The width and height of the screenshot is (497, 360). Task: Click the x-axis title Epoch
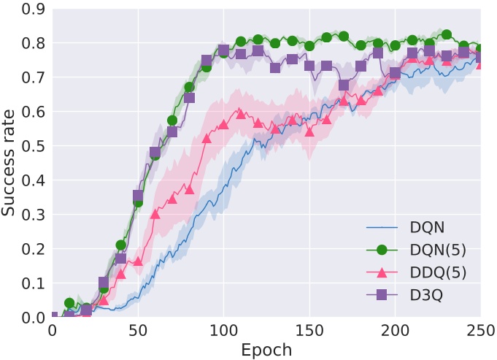click(266, 349)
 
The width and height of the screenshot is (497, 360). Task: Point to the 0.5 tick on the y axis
click(31, 146)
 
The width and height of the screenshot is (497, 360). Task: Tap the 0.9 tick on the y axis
click(31, 9)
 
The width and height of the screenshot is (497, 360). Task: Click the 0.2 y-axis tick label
click(31, 249)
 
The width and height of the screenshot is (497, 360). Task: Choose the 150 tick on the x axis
click(309, 331)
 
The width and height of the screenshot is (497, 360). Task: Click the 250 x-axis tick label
click(479, 331)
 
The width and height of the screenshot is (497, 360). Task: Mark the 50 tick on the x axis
click(138, 331)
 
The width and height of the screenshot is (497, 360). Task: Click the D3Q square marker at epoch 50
click(138, 196)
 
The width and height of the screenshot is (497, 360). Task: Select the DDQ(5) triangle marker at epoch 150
click(309, 132)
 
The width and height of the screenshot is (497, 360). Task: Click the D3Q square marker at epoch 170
click(344, 85)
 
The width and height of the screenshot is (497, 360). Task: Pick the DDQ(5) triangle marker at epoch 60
click(155, 214)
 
